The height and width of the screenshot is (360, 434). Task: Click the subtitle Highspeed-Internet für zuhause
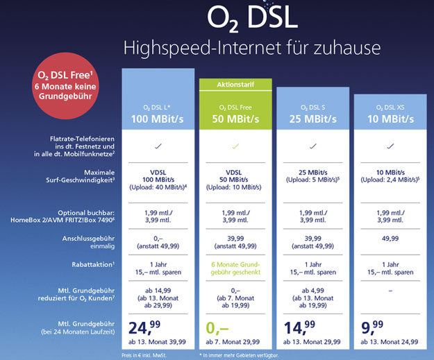[x=252, y=49]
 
